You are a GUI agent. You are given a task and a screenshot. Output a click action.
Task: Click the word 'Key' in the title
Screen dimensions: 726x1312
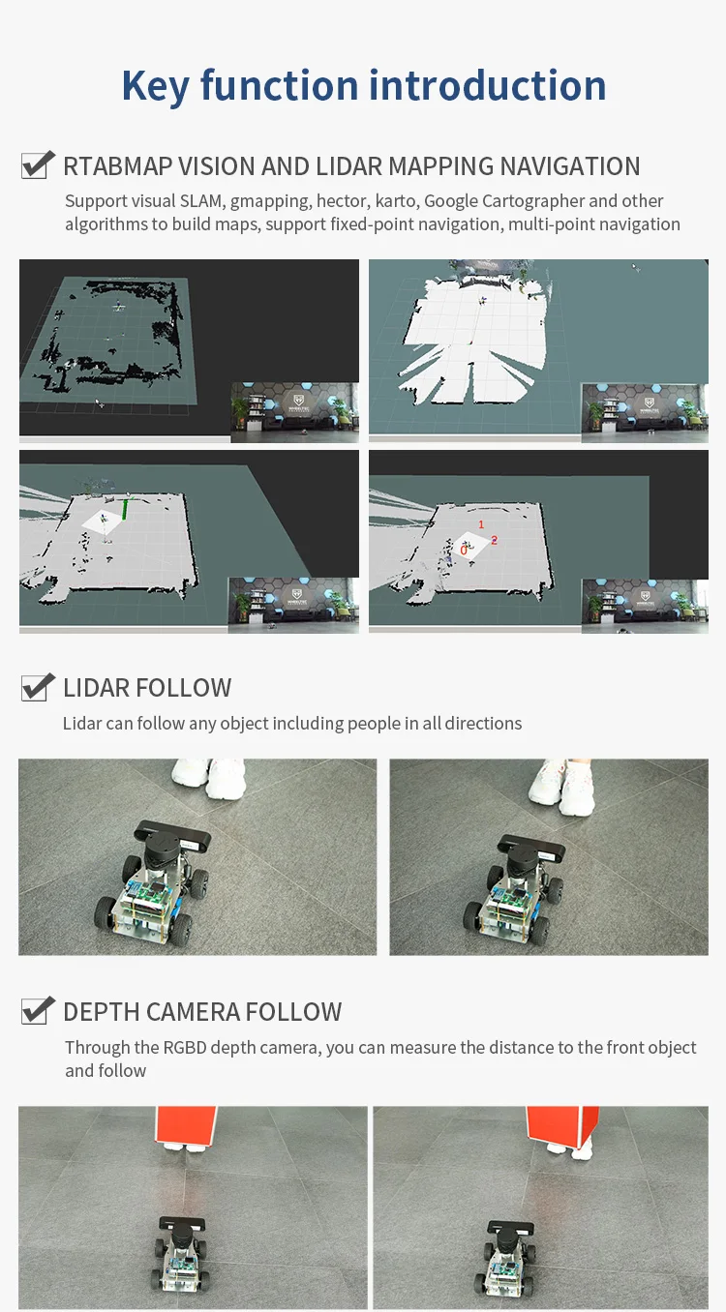coord(155,86)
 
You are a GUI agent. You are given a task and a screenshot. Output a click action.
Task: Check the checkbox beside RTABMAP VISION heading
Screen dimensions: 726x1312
coord(38,164)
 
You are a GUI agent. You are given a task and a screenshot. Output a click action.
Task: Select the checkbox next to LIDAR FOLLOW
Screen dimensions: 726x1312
coord(38,686)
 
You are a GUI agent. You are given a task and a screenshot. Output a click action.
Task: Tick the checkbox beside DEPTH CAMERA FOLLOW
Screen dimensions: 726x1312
coord(38,1010)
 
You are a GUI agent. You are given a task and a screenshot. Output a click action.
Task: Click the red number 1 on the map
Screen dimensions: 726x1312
coord(481,524)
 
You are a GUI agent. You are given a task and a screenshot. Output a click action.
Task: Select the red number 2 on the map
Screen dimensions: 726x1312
coord(494,540)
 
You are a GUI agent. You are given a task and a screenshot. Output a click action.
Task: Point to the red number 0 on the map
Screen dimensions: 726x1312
coord(464,551)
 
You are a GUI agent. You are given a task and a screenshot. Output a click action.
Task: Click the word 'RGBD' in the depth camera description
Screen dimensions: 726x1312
coord(185,1047)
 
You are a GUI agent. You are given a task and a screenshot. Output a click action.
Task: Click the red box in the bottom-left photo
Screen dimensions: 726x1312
coord(186,1124)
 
